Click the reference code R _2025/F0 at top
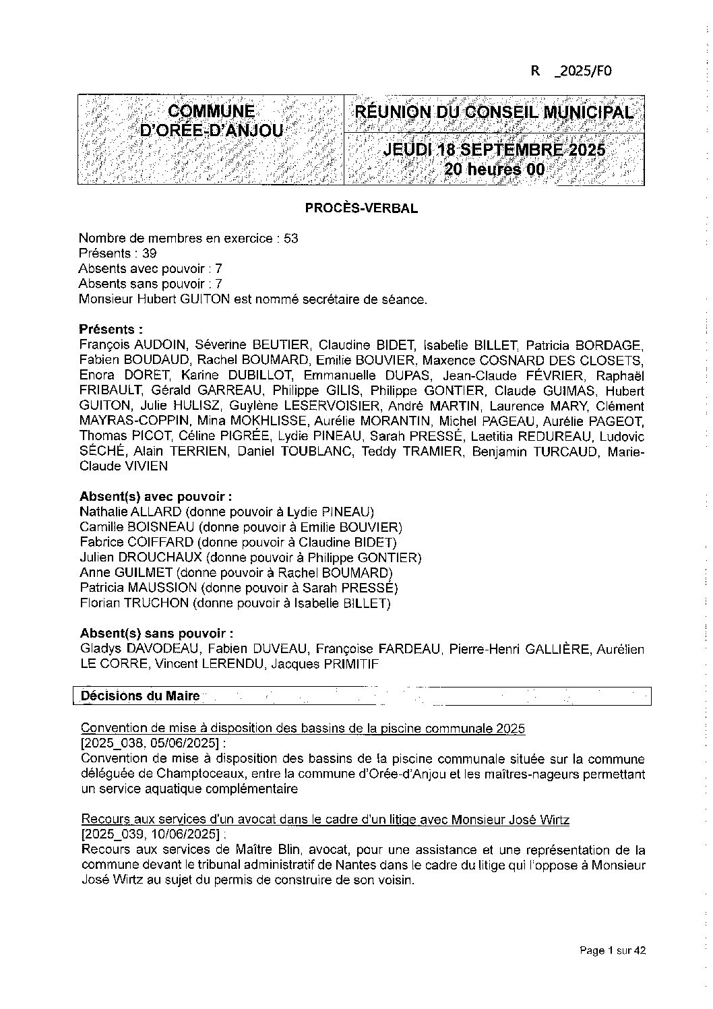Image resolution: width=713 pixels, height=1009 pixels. coord(571,71)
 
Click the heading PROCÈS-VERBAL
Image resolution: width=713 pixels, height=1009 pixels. coord(361,208)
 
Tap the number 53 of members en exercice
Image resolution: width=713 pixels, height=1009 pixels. coord(290,239)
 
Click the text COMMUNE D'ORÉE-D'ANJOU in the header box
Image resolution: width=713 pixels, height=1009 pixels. coord(211,121)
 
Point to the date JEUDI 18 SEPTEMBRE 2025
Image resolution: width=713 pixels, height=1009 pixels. coord(494,150)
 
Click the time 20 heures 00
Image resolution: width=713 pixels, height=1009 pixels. coord(494,169)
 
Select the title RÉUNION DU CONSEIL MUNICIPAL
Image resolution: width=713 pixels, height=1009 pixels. coord(494,112)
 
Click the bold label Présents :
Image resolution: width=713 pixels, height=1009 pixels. coord(111,330)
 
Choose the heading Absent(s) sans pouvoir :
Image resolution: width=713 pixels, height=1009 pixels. coord(156,634)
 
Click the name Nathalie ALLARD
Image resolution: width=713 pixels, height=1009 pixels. coord(130,512)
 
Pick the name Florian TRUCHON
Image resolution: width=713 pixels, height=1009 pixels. coord(134,603)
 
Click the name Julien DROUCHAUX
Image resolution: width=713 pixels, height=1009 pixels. coord(140,557)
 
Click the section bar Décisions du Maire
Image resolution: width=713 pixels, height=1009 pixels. coord(140,696)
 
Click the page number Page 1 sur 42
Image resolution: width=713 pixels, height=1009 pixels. coord(613,951)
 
